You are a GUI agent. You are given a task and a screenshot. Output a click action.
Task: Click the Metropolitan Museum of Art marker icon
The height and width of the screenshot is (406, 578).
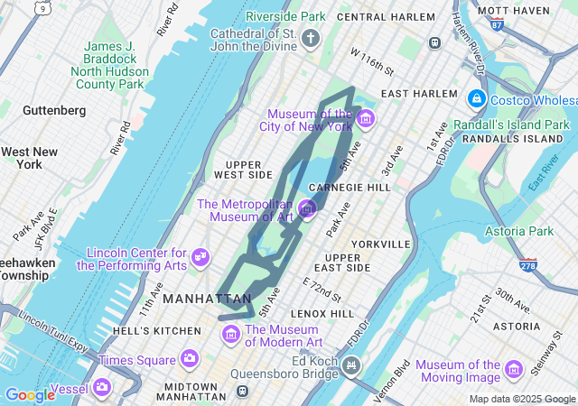point(307,210)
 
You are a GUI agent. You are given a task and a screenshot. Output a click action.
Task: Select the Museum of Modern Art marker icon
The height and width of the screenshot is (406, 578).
point(231,336)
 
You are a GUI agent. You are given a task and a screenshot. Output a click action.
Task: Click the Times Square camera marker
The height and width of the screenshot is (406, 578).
point(190,359)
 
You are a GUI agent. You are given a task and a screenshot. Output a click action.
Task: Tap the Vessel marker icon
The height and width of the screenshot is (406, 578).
point(102,388)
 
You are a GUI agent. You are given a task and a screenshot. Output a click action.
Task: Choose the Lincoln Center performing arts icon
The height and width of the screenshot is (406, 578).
point(200,259)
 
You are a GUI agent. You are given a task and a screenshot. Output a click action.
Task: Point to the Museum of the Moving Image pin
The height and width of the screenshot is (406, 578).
point(514,369)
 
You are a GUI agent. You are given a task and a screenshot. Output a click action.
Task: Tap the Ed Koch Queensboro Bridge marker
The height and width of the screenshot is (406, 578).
point(352,366)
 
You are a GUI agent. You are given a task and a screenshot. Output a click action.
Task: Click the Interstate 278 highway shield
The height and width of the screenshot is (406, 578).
point(528,265)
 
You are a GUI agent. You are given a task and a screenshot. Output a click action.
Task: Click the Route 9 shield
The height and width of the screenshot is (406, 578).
point(43,7)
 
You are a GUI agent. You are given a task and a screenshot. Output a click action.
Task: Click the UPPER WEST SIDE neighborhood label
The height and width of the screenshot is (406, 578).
point(243,169)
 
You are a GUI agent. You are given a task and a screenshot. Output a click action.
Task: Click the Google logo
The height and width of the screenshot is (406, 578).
point(29,394)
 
